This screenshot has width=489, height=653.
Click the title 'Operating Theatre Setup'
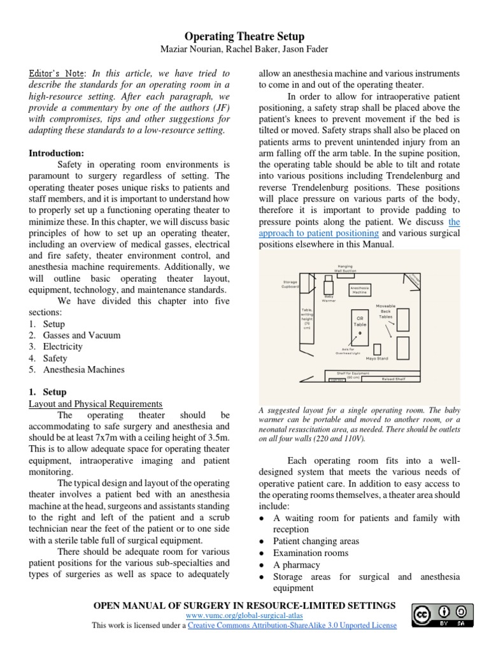tap(244, 37)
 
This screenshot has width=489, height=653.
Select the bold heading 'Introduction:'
tap(56, 154)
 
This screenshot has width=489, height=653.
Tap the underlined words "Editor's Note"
tap(57, 73)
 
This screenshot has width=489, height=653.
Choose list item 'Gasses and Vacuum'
tap(81, 335)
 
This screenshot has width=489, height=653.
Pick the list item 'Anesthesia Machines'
tap(83, 369)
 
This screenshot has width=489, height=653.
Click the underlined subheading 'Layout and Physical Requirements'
tap(96, 404)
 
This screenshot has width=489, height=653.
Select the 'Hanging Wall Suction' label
tap(344, 268)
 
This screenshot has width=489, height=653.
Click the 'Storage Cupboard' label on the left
tap(290, 284)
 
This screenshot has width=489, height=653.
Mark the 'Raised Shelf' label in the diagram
tap(393, 379)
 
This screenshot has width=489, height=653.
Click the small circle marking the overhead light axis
tap(360, 333)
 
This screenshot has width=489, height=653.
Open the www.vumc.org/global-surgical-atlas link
tap(244, 615)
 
